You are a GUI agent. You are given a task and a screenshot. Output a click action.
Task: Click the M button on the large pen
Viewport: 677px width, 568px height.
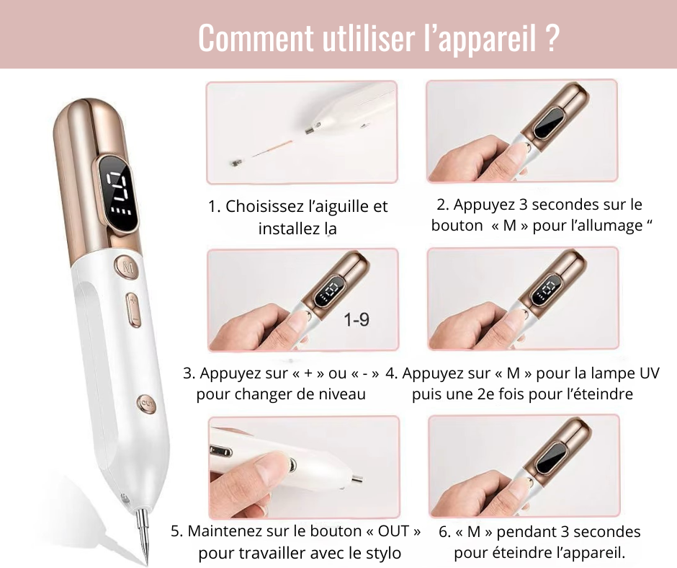pyautogui.click(x=127, y=266)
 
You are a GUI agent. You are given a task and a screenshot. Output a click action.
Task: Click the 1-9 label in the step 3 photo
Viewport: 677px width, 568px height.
pyautogui.click(x=357, y=319)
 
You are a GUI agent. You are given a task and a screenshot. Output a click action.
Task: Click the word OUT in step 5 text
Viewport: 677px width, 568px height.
pyautogui.click(x=393, y=531)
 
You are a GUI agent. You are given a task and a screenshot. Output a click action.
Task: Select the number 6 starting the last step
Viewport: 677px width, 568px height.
pyautogui.click(x=443, y=532)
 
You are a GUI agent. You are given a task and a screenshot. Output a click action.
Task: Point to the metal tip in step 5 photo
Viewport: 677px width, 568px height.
pyautogui.click(x=357, y=479)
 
